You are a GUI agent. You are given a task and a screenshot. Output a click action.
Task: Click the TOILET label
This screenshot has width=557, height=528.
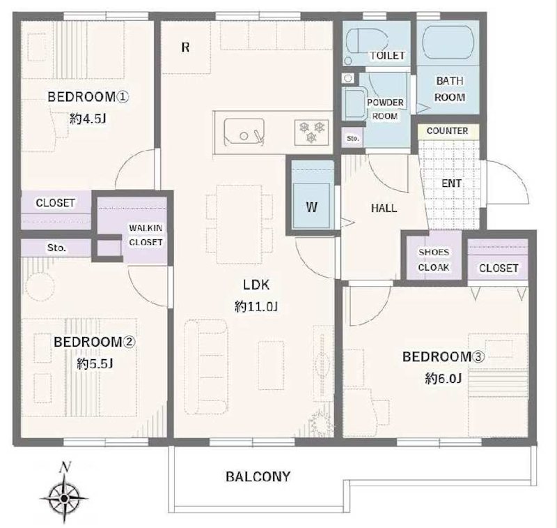coord(387,56)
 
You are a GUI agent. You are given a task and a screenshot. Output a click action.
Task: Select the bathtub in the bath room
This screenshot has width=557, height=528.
coord(448,42)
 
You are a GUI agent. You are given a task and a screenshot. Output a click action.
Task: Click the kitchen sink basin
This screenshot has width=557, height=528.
coord(244,132)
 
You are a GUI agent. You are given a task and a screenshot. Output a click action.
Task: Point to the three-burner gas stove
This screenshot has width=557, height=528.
coord(311,132)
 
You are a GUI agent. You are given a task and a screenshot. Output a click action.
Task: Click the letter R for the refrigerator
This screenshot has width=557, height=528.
coord(185,47)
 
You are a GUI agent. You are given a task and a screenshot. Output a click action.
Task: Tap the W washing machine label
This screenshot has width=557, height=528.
coord(311,207)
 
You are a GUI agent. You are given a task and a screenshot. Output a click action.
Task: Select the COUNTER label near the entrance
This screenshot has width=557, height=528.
coord(447,131)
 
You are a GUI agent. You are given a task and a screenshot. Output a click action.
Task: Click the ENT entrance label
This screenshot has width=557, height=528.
coord(451,183)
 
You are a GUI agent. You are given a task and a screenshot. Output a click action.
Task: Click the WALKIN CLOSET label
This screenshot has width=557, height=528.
coord(146,235)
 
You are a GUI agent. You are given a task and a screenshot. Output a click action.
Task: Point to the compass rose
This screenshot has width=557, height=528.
coord(64,498)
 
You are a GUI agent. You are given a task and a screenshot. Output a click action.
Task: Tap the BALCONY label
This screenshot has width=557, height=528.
coord(258,476)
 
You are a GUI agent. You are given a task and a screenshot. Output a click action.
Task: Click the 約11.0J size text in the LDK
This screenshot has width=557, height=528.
coord(256,306)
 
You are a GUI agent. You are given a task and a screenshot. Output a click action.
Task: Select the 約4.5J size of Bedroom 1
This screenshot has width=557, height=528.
coord(88,119)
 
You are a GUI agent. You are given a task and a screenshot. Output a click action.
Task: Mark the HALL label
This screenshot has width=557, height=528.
coord(384,208)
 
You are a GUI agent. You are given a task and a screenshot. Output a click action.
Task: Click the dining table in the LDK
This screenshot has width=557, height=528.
coord(239,224)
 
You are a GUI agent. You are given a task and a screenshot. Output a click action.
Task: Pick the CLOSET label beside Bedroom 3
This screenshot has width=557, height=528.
coord(499,269)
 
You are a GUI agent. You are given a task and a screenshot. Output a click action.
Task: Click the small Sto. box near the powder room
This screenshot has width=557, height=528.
coord(352,138)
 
